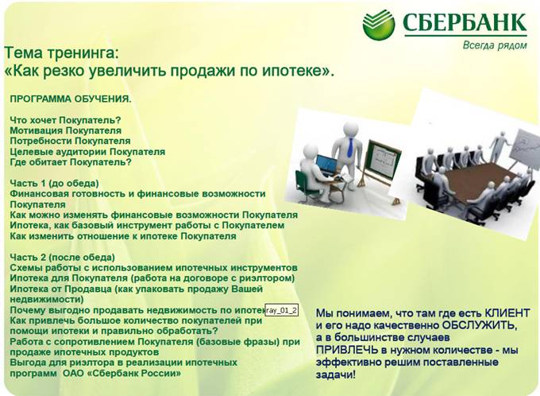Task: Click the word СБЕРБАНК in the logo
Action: coord(464,23)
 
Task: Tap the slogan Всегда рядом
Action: coord(494,45)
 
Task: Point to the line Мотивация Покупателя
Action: coord(65,130)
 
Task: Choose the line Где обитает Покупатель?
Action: coord(70,161)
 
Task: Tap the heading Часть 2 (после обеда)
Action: coord(62,257)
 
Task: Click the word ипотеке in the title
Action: coord(289,71)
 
